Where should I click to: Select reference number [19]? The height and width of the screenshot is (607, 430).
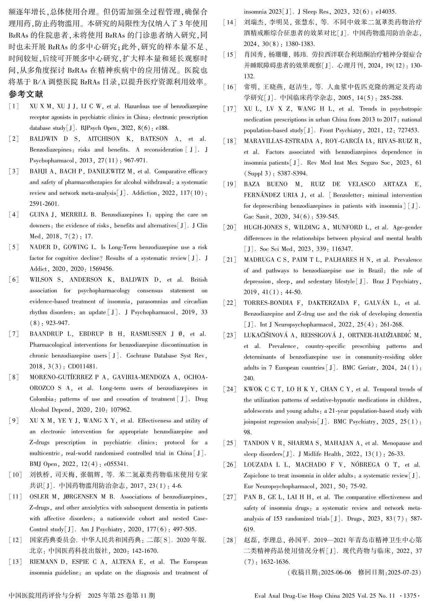230,184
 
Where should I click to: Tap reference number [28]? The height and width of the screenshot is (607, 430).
230,540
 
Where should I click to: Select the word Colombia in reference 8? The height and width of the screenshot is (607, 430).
41,399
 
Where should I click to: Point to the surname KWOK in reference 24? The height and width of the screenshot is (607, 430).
252,389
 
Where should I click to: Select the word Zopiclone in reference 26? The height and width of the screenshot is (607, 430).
256,476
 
